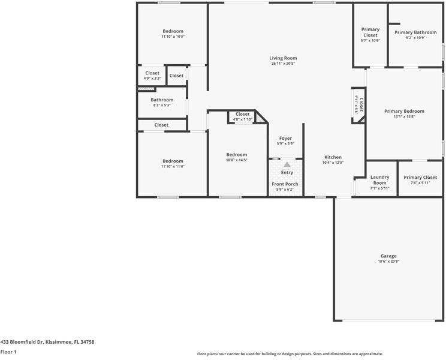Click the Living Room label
coord(283,58)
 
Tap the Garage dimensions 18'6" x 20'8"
coord(388,262)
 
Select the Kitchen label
coord(333,157)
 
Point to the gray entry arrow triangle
coord(287,164)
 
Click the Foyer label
coord(285,138)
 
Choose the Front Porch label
coord(285,184)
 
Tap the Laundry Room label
coord(379,180)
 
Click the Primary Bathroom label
coord(415,32)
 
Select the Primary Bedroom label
coord(404,111)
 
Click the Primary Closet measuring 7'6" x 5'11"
coord(420,178)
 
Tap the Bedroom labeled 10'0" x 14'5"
coord(236,155)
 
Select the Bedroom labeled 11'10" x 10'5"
coord(173,31)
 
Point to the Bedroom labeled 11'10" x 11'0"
coord(173,161)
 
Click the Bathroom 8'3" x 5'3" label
coord(162,100)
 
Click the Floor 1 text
coord(8,352)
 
